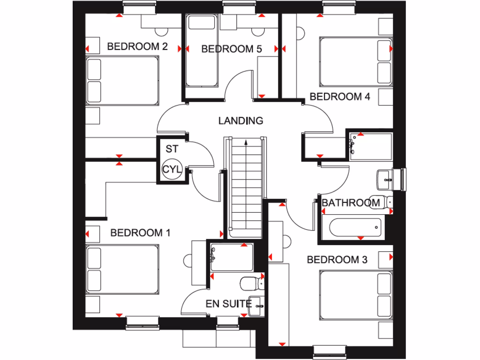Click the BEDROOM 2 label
[137, 46]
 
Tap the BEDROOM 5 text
[232, 49]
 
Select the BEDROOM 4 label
[340, 97]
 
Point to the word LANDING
[240, 121]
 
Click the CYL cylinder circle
[172, 170]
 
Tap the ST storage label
[172, 150]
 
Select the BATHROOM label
[351, 203]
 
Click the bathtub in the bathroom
[355, 228]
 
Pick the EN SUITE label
[228, 304]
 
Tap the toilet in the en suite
[251, 283]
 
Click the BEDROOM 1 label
[140, 232]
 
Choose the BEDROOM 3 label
[337, 259]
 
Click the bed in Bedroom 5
[202, 51]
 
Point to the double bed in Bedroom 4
[355, 62]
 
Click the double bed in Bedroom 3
[355, 295]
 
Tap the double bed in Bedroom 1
[123, 270]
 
